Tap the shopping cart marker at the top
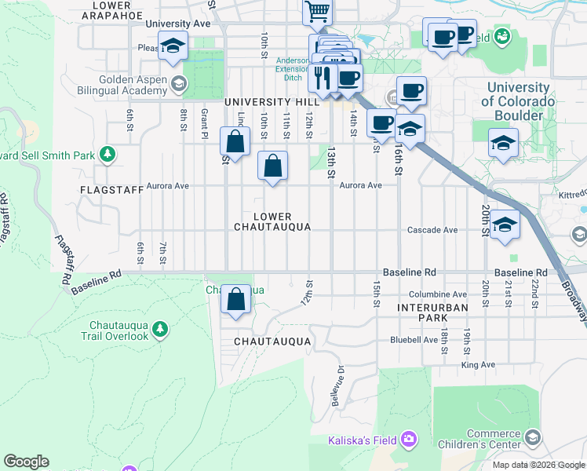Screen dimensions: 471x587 (318, 12)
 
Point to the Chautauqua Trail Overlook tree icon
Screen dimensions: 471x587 (160, 327)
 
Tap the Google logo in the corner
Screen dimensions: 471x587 (26, 462)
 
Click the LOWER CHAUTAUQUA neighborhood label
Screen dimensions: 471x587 (272, 221)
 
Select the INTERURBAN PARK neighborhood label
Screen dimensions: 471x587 (421, 312)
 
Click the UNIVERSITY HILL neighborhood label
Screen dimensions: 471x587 (272, 102)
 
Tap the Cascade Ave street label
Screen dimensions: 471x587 (432, 230)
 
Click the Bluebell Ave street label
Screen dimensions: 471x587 (414, 340)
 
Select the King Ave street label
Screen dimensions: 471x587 (478, 365)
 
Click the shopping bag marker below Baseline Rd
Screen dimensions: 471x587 (235, 299)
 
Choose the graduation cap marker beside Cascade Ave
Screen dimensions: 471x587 (505, 225)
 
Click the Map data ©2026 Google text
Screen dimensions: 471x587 (538, 465)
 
